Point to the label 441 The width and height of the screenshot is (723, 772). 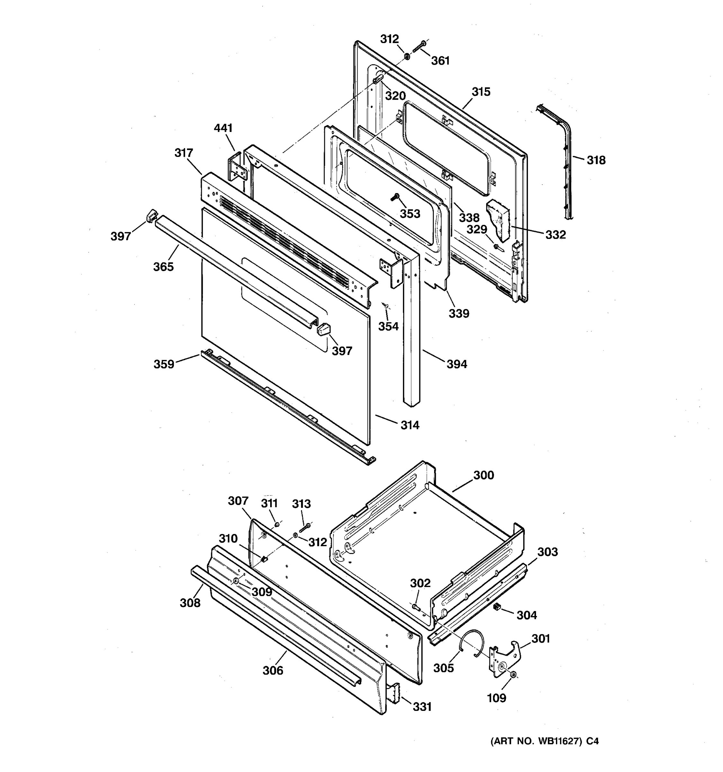223,128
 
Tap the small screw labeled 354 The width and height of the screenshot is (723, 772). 386,306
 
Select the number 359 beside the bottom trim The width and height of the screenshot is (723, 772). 164,364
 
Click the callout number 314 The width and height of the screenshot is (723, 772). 410,425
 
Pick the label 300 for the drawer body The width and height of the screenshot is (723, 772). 484,475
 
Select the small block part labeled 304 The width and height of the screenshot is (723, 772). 497,608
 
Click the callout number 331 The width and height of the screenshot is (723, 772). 422,707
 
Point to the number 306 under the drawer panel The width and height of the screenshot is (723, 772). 273,671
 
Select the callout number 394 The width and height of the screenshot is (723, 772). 457,364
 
